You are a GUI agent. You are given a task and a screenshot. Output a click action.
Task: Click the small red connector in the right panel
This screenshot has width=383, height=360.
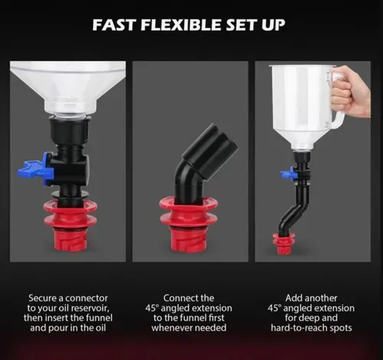coord(284,244)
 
